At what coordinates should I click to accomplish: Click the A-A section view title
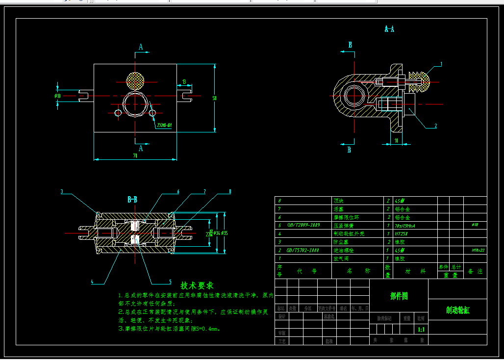[389, 29]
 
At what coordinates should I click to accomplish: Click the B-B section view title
[132, 200]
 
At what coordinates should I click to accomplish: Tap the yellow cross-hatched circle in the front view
[135, 80]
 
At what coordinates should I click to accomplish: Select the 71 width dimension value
[135, 156]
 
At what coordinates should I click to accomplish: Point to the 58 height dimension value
[214, 98]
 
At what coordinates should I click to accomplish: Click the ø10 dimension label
[57, 96]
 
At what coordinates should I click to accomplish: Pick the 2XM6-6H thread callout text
[164, 126]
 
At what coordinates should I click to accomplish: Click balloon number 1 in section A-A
[441, 64]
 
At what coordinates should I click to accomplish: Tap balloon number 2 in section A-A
[435, 126]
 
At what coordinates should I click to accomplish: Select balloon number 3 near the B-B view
[62, 191]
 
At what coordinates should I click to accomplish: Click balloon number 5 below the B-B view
[170, 282]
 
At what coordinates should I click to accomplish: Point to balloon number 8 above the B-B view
[229, 191]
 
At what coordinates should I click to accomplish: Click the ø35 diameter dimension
[225, 233]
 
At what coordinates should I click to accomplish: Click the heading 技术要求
[197, 285]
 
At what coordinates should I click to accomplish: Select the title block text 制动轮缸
[457, 310]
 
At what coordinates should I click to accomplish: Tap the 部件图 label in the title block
[399, 296]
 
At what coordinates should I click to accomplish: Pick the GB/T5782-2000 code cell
[302, 250]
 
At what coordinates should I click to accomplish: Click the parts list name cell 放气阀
[339, 258]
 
